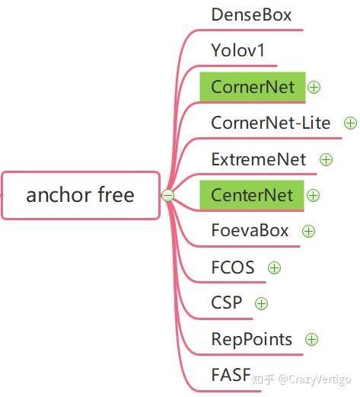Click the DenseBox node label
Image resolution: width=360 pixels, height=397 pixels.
pyautogui.click(x=251, y=14)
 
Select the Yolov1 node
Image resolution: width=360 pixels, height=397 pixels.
pyautogui.click(x=238, y=50)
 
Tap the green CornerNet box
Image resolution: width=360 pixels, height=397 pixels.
pyautogui.click(x=252, y=87)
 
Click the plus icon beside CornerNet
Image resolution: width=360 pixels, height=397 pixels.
pyautogui.click(x=314, y=87)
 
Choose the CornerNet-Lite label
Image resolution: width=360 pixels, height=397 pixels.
pyautogui.click(x=271, y=123)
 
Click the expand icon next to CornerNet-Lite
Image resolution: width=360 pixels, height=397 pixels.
pyautogui.click(x=350, y=122)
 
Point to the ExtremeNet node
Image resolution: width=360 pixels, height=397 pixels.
pyautogui.click(x=259, y=159)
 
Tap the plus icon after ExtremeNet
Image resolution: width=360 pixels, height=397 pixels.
pyautogui.click(x=326, y=159)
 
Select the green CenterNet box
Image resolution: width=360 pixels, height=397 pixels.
pyautogui.click(x=252, y=195)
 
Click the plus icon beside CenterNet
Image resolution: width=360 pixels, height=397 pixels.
pyautogui.click(x=314, y=196)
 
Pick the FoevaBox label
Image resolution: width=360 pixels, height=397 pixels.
pyautogui.click(x=250, y=231)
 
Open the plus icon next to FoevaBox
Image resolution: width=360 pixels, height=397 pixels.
pyautogui.click(x=308, y=231)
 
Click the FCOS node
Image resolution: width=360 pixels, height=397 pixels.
pyautogui.click(x=233, y=267)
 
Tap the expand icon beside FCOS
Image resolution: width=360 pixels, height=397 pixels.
pyautogui.click(x=275, y=267)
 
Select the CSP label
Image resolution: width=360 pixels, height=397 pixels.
pyautogui.click(x=227, y=303)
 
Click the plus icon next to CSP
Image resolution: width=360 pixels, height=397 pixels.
pyautogui.click(x=262, y=303)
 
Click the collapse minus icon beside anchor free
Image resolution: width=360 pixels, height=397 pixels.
pyautogui.click(x=167, y=195)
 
